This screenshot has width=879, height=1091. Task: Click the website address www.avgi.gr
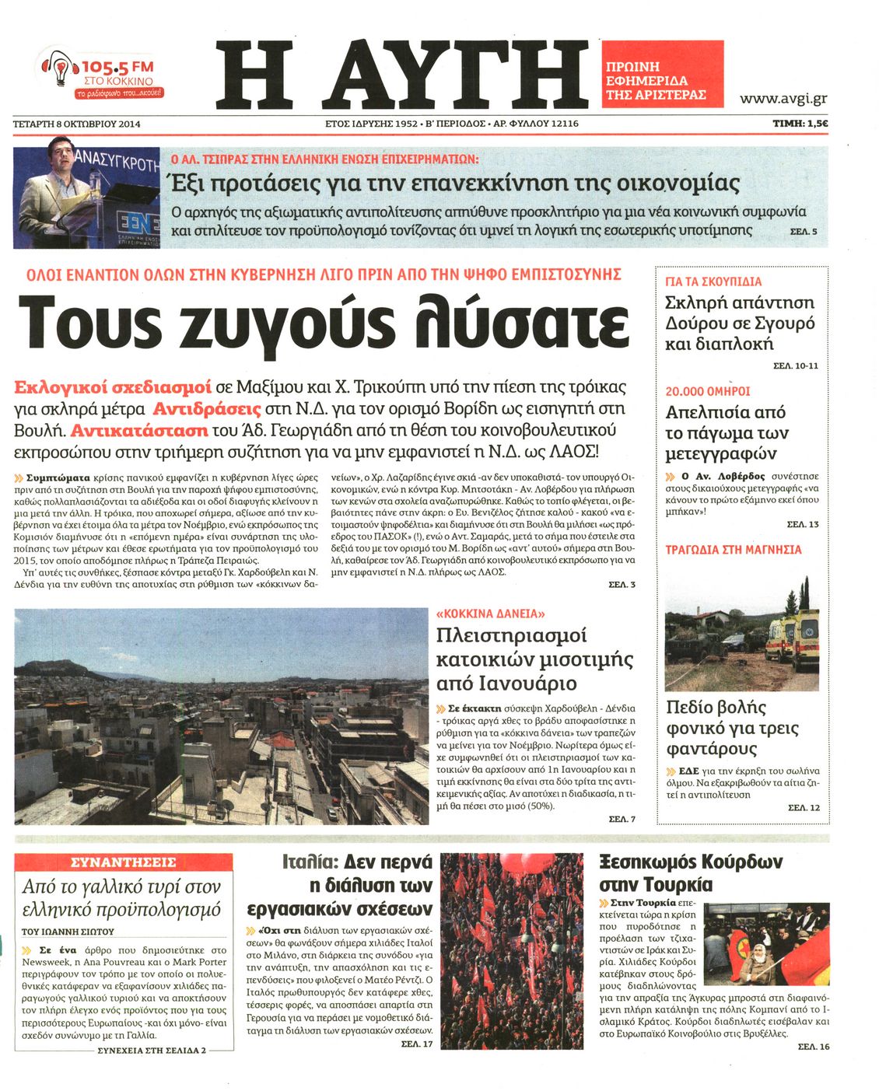click(x=783, y=98)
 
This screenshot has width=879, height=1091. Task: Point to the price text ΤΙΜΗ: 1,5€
click(x=800, y=123)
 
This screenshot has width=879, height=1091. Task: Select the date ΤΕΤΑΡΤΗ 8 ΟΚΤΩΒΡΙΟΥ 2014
click(x=76, y=123)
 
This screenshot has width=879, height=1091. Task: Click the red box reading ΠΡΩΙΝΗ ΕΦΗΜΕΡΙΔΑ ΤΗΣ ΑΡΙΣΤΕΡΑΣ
click(x=661, y=81)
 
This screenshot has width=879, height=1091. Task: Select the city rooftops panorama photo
click(x=221, y=715)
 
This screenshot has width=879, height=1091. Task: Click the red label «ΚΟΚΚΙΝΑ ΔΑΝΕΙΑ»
click(x=490, y=613)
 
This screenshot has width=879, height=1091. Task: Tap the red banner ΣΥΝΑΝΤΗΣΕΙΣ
click(x=124, y=862)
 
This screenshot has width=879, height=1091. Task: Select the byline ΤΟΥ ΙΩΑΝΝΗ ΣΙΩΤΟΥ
click(x=68, y=931)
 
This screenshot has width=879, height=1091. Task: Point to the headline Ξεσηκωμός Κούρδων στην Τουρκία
click(x=690, y=872)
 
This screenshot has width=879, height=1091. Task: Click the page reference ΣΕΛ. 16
click(x=814, y=1047)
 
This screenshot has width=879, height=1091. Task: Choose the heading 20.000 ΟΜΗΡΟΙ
click(x=707, y=391)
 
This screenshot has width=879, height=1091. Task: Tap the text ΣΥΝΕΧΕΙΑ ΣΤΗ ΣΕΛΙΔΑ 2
click(x=152, y=1050)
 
